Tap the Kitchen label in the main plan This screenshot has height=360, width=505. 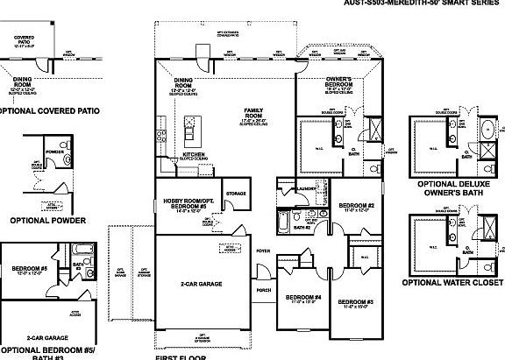(x=193, y=154)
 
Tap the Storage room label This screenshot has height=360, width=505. (x=235, y=193)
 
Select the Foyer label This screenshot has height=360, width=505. (x=262, y=251)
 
